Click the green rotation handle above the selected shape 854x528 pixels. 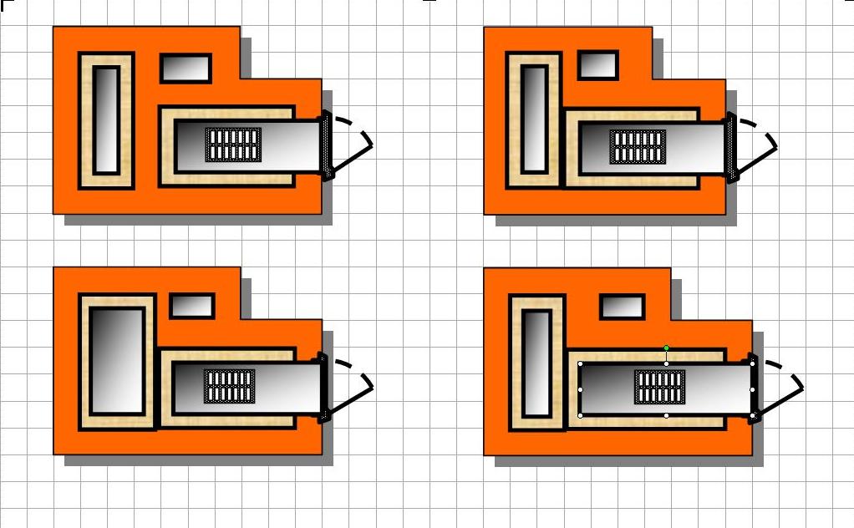[x=666, y=348]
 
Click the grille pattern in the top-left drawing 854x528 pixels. [x=233, y=145]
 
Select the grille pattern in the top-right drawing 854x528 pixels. [x=638, y=146]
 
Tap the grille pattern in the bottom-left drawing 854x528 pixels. [x=230, y=386]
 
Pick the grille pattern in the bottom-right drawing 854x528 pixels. [x=660, y=387]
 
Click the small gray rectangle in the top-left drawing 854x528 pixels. [x=186, y=69]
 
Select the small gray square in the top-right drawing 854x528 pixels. [x=597, y=64]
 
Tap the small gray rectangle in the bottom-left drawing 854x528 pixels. [x=192, y=306]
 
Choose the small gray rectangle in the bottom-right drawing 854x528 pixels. [x=623, y=307]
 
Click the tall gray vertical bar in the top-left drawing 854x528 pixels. [x=106, y=120]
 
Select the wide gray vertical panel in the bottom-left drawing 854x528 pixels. [x=116, y=360]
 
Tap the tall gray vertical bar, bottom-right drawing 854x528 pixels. [x=536, y=363]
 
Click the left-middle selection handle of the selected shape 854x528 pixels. [x=581, y=389]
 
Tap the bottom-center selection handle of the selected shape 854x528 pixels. [x=666, y=415]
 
